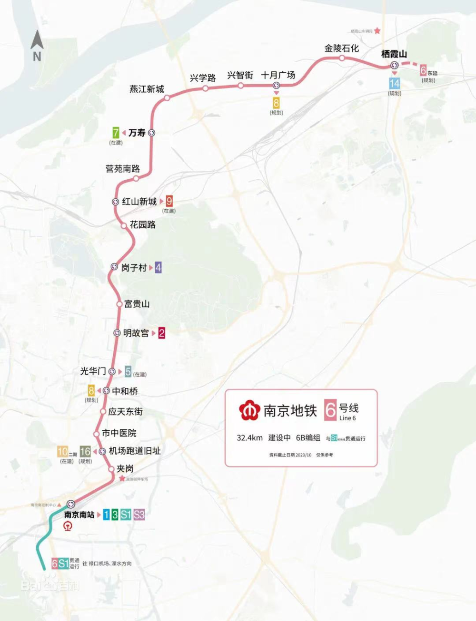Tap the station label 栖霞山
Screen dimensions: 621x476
394,54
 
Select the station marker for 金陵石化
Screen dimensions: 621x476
342,58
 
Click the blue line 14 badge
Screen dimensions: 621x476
395,84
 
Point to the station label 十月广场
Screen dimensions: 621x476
278,75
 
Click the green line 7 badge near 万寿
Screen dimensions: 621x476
116,133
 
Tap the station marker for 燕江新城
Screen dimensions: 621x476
167,98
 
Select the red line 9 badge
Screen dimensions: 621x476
169,201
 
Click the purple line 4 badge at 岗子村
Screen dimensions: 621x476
158,268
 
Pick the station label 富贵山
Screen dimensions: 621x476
137,304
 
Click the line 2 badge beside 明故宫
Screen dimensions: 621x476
161,333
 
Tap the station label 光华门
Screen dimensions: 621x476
93,371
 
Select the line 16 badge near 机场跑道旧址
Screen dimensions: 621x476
85,451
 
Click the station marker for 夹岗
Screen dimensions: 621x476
111,469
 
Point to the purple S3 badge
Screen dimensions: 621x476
139,514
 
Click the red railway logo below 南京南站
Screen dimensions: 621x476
69,526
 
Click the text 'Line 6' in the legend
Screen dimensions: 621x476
347,418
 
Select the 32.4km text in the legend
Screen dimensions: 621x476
249,438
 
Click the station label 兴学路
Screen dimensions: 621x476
203,78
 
